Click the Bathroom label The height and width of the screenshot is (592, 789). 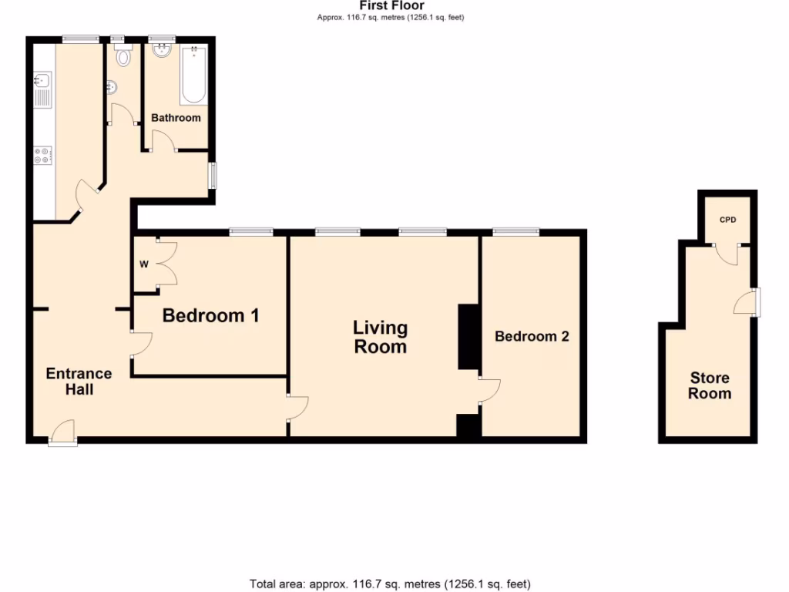176,118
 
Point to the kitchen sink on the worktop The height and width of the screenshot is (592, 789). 42,87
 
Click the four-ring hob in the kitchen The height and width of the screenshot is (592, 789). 42,155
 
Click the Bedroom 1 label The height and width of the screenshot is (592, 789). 210,316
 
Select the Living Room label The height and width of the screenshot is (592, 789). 380,338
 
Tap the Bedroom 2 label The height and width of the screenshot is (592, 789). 532,337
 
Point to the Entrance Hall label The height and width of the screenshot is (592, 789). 79,382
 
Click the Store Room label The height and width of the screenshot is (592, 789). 710,385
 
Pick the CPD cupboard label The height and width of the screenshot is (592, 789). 727,220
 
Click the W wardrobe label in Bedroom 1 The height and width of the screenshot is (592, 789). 143,264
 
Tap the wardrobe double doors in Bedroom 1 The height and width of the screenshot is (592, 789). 166,264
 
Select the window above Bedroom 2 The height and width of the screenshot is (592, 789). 516,230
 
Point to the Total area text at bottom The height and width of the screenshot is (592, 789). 390,584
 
